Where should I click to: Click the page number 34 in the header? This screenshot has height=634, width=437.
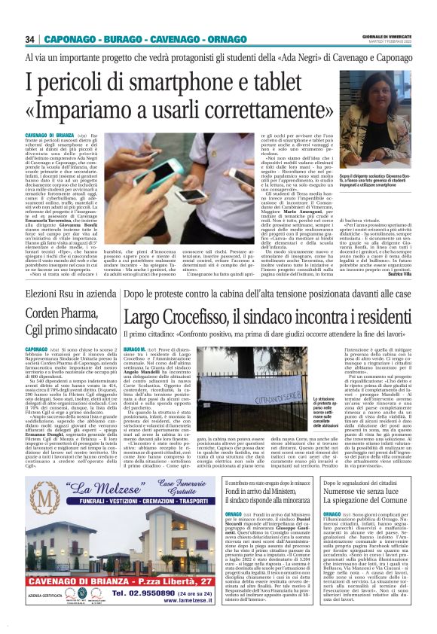[31, 38]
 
